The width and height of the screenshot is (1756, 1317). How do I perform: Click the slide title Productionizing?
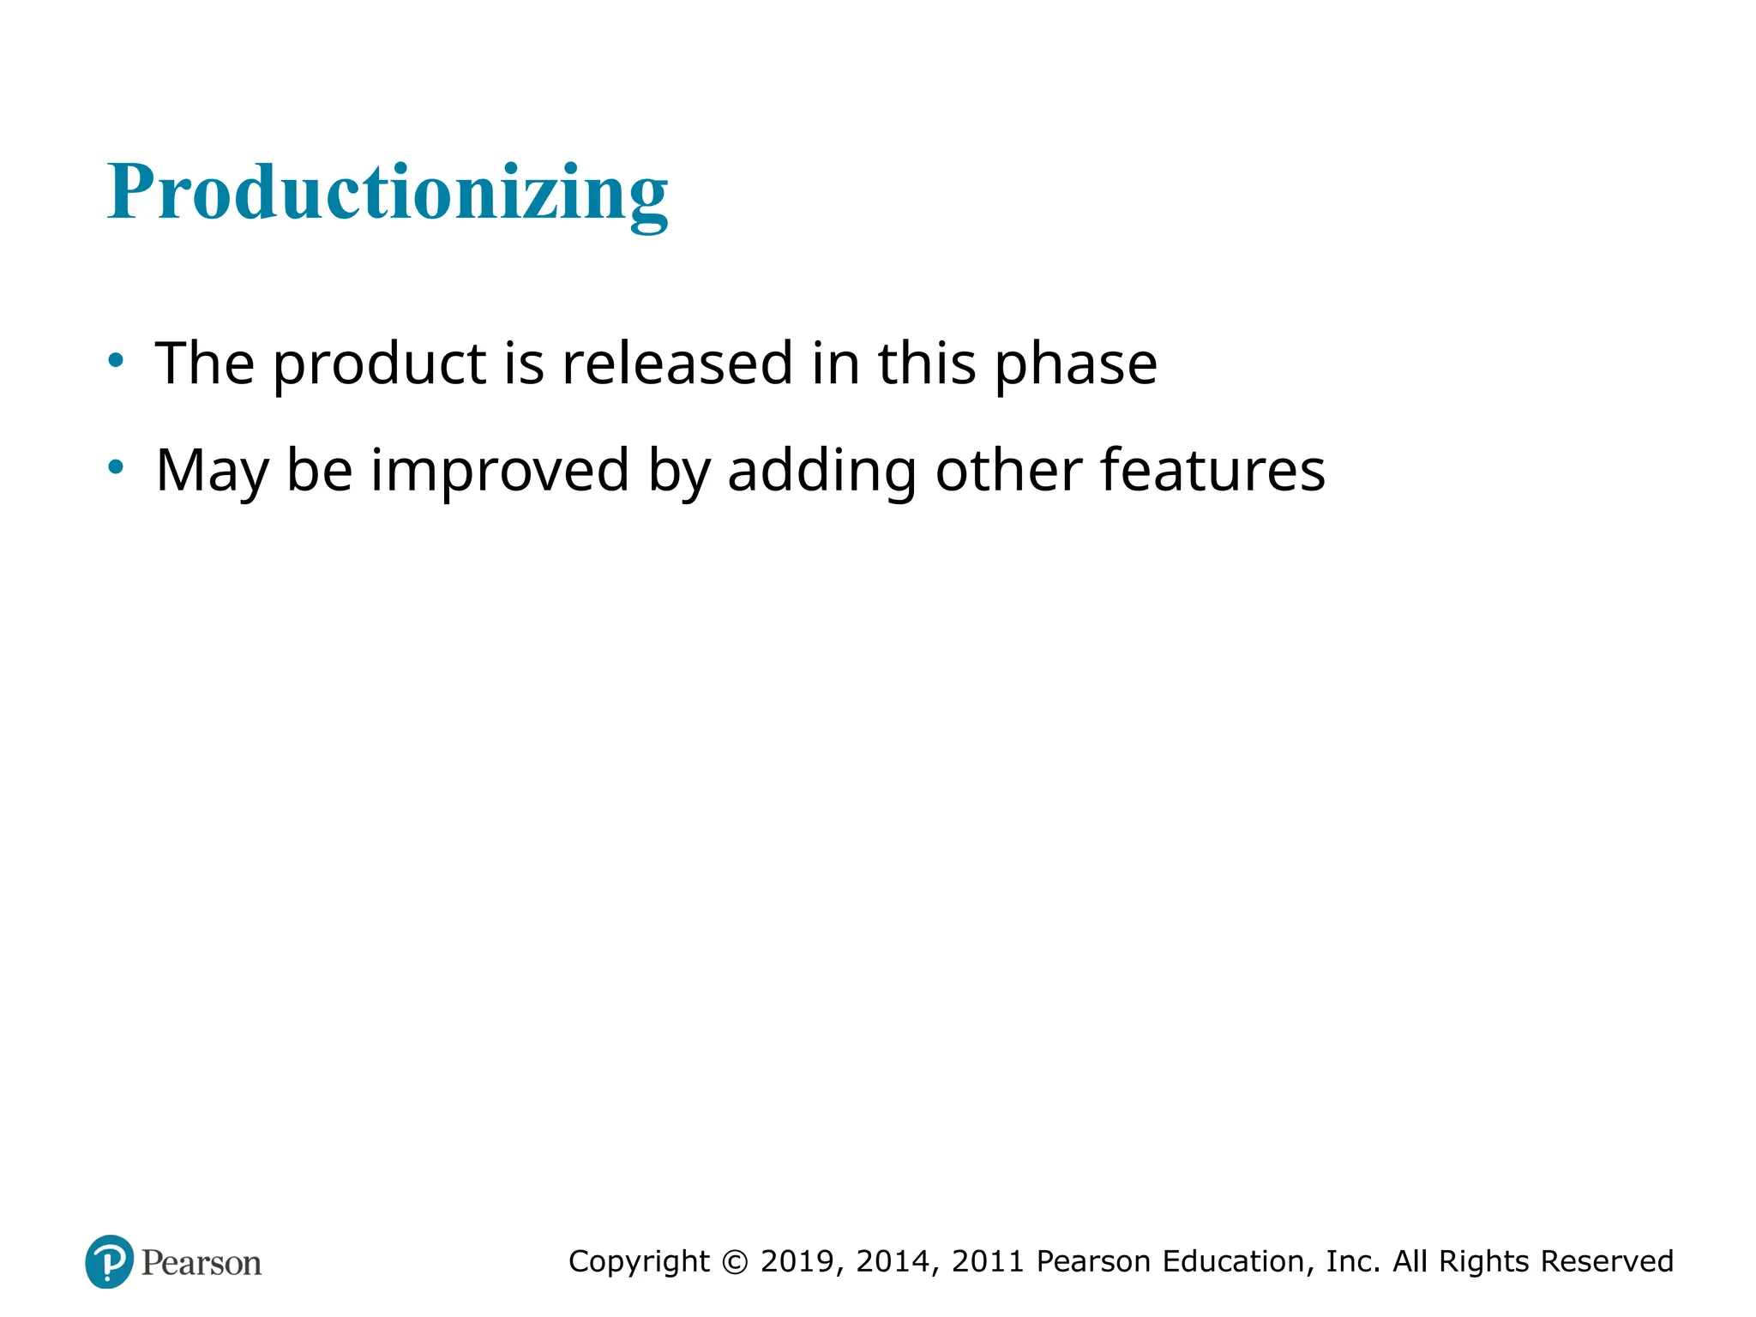388,192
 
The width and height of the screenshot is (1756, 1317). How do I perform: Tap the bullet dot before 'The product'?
116,360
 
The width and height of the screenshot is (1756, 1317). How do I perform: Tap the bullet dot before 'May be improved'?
116,467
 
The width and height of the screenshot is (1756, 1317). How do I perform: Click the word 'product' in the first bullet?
379,364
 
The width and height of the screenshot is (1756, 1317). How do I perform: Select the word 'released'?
677,363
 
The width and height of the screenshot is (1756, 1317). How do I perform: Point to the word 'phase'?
1075,364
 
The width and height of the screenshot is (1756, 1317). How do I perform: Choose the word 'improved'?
500,471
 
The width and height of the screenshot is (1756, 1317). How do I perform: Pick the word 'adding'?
821,471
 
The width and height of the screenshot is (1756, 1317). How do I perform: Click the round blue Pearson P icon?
110,1261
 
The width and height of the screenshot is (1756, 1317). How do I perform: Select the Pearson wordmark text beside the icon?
201,1263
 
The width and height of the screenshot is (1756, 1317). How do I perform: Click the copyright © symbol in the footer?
735,1261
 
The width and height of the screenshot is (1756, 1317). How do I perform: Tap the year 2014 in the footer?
894,1261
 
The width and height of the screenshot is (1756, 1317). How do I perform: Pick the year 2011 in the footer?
988,1261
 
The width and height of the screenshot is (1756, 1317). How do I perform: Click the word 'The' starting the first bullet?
204,363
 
